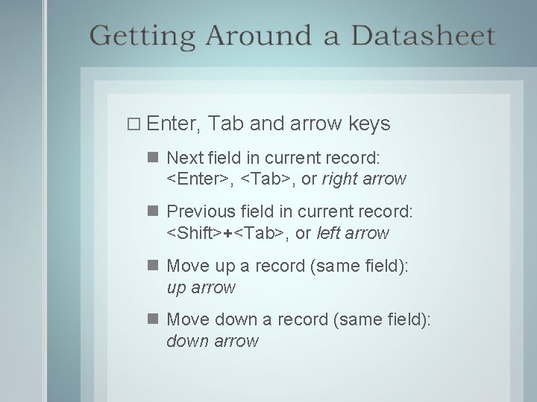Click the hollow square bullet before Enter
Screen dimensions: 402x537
(134, 124)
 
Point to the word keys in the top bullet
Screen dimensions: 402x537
(369, 123)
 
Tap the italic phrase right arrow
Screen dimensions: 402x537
(364, 179)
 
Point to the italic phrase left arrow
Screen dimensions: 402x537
(353, 234)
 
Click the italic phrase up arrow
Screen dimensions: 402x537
(201, 287)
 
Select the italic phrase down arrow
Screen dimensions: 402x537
(213, 341)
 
